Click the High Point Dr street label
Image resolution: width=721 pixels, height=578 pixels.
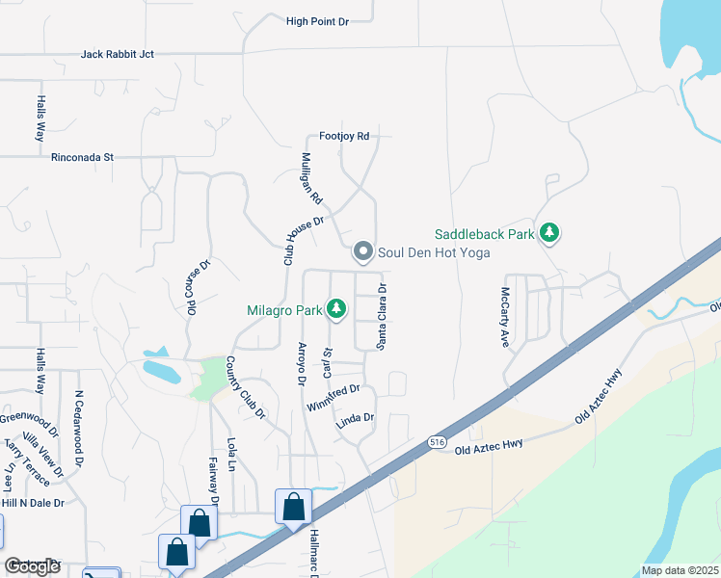(x=317, y=20)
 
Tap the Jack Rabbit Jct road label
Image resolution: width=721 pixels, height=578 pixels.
(x=118, y=55)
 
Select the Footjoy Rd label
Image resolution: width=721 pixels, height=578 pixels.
(x=338, y=137)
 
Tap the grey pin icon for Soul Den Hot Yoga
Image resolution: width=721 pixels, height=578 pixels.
(x=363, y=252)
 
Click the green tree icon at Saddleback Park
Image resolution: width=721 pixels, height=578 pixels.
(x=549, y=233)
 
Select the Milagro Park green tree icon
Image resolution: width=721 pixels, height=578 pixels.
(x=336, y=309)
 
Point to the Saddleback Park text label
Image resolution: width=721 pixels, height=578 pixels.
(x=484, y=234)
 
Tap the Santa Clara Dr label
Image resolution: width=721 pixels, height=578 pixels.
(x=382, y=317)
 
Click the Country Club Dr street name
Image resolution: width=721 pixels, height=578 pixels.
(x=245, y=387)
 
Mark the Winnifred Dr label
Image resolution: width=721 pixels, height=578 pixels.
(x=333, y=397)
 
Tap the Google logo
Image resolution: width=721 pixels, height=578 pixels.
(x=33, y=566)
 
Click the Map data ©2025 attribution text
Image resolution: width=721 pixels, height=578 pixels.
(x=680, y=570)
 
